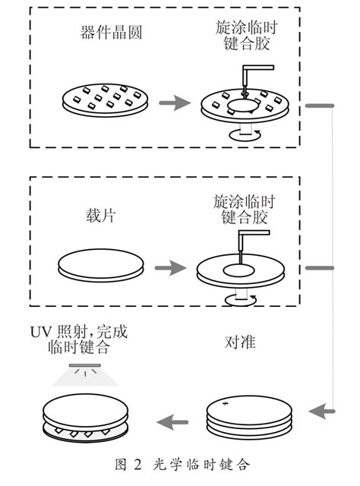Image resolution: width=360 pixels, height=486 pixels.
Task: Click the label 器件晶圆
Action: [x=112, y=32]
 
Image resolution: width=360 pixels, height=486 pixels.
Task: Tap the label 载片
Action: [x=101, y=216]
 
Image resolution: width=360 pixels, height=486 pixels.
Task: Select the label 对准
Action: [x=240, y=342]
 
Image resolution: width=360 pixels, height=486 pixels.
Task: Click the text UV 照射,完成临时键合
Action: [x=79, y=339]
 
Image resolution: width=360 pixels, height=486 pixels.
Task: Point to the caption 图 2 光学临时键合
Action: [x=182, y=465]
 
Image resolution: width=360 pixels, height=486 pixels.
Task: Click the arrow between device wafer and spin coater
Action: [x=175, y=103]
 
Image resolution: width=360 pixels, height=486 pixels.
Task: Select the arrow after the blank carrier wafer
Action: [x=171, y=268]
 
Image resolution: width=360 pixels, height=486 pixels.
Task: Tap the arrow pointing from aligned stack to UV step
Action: [x=172, y=422]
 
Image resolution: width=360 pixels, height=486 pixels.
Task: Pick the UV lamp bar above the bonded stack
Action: [x=85, y=365]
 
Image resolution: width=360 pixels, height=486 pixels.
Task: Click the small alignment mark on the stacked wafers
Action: [x=226, y=403]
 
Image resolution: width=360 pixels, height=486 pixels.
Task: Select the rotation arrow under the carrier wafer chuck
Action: [x=241, y=300]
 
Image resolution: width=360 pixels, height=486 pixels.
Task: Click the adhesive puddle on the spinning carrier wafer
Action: [x=239, y=270]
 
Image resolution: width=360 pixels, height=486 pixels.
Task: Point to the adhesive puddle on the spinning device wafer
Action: [x=242, y=106]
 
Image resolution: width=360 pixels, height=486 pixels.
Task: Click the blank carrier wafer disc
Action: [x=101, y=265]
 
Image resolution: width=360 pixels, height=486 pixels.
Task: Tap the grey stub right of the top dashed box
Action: [x=320, y=106]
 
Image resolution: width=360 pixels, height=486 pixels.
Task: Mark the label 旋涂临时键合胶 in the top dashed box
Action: [x=246, y=36]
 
